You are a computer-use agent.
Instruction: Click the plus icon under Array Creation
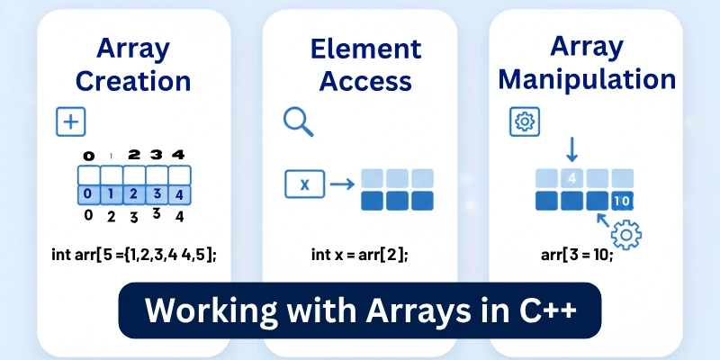tap(70, 121)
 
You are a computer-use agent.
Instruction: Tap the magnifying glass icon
tap(296, 121)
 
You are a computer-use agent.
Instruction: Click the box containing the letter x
tap(304, 184)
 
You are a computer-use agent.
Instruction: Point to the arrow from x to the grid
tap(340, 184)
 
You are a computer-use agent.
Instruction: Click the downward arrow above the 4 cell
tap(573, 148)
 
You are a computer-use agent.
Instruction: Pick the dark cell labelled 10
tap(623, 200)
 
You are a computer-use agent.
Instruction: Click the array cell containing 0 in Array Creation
tap(88, 193)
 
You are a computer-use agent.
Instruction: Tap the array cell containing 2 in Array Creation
tap(133, 193)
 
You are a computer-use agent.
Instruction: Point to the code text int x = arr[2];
tap(359, 255)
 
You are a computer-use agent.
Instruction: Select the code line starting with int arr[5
tap(133, 255)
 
